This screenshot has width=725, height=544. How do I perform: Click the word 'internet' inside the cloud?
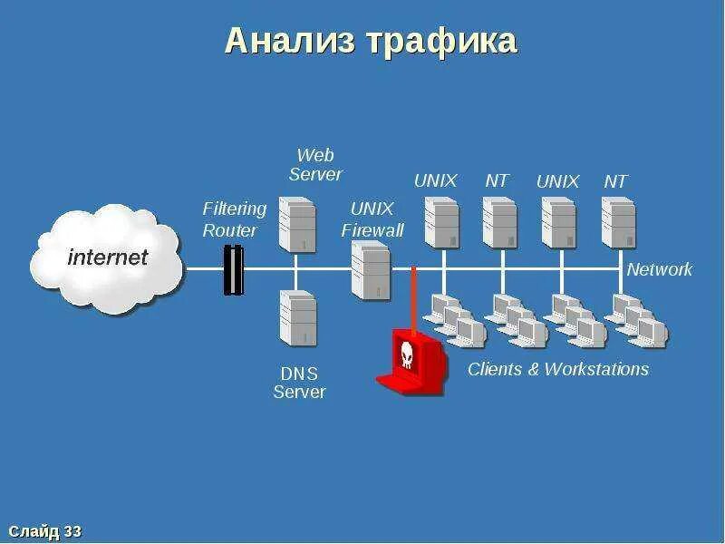107,257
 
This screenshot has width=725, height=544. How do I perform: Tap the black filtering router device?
234,270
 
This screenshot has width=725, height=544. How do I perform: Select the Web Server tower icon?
296,223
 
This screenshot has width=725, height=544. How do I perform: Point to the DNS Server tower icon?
298,317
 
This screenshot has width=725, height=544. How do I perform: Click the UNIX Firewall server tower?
370,270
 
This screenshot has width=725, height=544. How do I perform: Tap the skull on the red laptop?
407,355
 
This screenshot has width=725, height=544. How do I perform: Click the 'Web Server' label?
315,164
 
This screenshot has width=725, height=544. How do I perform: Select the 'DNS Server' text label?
299,383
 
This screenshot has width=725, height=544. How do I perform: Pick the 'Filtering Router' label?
234,219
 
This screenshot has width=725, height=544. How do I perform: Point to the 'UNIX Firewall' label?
372,219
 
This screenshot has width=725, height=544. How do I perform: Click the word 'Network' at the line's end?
659,269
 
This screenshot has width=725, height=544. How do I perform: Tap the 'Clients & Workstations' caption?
558,369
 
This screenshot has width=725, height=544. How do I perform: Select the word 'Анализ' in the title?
291,41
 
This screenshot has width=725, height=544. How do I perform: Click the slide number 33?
73,531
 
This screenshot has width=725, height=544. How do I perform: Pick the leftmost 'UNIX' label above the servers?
435,180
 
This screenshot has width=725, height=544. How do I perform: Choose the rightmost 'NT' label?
615,180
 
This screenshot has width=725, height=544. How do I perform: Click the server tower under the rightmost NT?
618,222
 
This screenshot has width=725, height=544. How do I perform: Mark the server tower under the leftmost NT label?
499,222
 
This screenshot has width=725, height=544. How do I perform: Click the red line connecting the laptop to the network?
413,299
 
